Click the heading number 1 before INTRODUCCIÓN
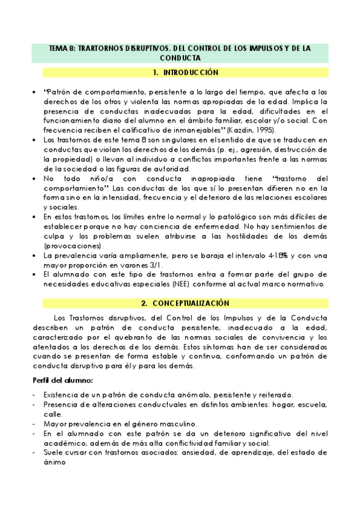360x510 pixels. (155, 72)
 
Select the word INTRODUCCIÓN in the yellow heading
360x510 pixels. (190, 72)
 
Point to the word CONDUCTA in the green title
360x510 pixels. (180, 58)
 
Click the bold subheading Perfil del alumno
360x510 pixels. (62, 382)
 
